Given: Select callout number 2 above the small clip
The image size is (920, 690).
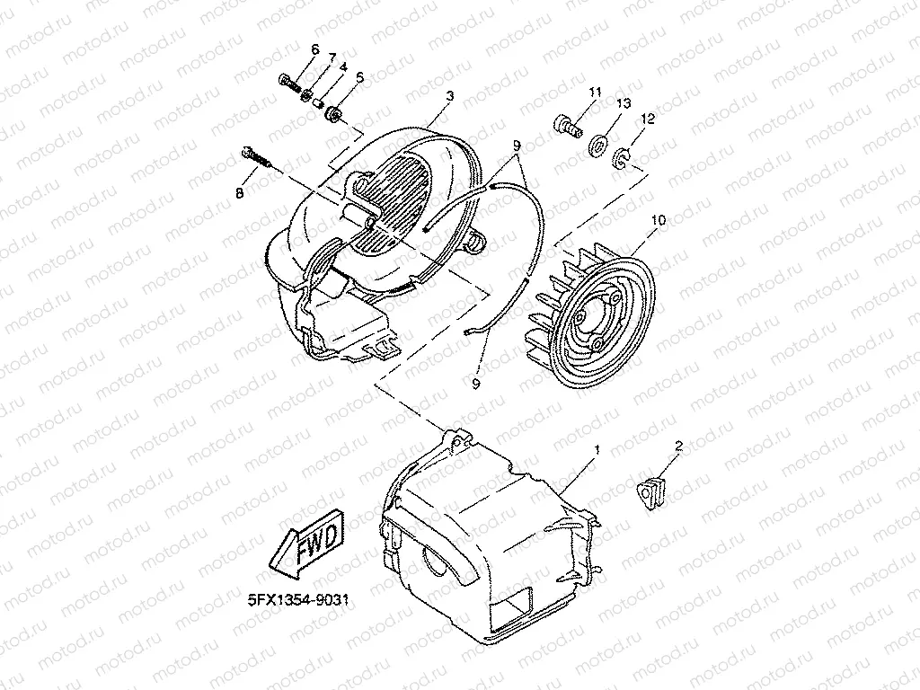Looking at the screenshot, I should [x=679, y=445].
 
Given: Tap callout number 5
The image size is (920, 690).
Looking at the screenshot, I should [x=359, y=78].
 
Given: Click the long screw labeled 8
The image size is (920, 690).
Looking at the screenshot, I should [x=256, y=157].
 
